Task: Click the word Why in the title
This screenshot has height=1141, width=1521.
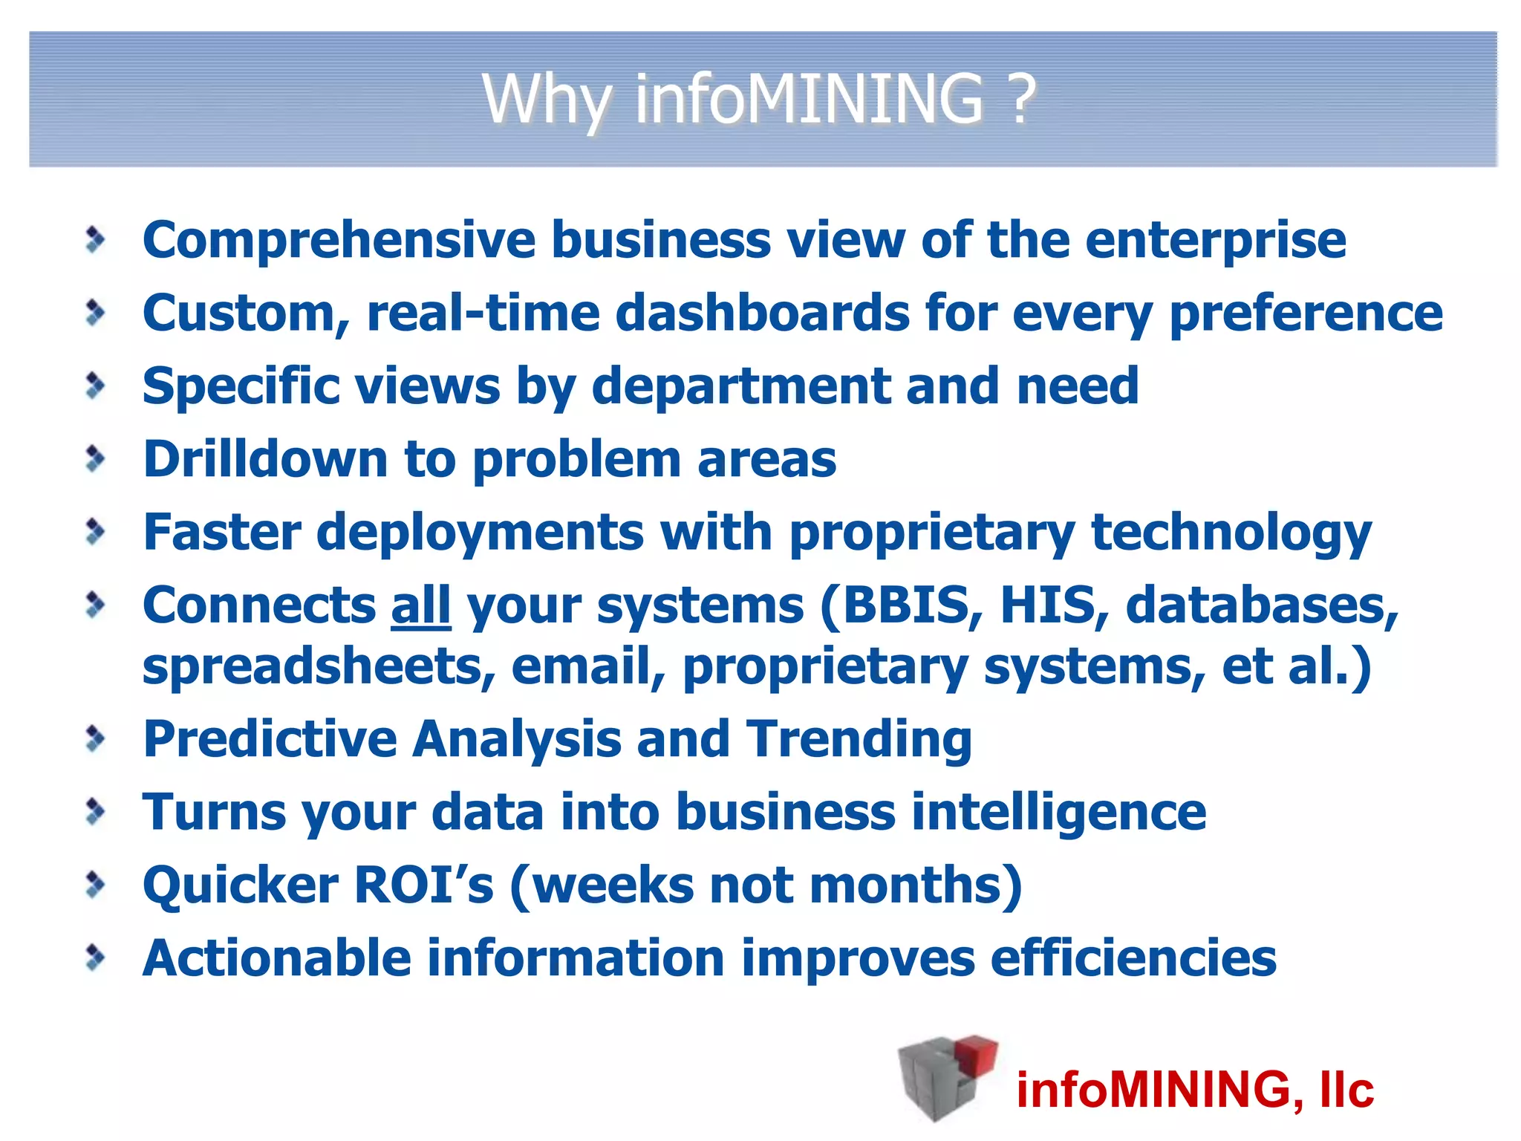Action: pyautogui.click(x=547, y=100)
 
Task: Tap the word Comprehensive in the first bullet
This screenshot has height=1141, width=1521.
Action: pyautogui.click(x=339, y=241)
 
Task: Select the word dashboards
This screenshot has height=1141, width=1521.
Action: pyautogui.click(x=763, y=313)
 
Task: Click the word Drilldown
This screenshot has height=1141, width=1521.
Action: pyautogui.click(x=265, y=459)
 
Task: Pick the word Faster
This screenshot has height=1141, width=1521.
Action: pyautogui.click(x=222, y=532)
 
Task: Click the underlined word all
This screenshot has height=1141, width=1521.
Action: pyautogui.click(x=420, y=605)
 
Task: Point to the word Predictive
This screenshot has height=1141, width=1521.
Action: pyautogui.click(x=270, y=738)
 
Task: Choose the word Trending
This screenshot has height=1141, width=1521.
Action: pyautogui.click(x=859, y=740)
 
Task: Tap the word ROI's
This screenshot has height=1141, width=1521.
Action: pyautogui.click(x=424, y=885)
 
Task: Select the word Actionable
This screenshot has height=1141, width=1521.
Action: pyautogui.click(x=277, y=958)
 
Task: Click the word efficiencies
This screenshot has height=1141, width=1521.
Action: pyautogui.click(x=1133, y=958)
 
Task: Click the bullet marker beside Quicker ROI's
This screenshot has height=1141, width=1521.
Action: pyautogui.click(x=95, y=884)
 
